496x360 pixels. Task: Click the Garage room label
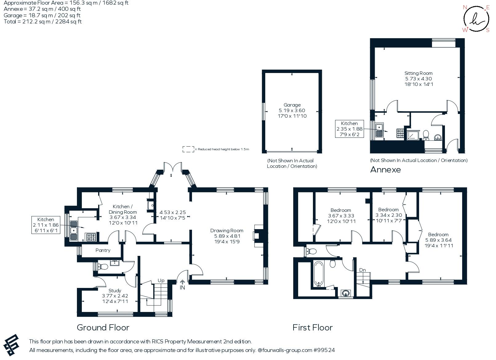[292, 105]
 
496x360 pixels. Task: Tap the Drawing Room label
[227, 231]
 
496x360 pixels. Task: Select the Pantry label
[103, 250]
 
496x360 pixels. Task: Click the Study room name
[115, 290]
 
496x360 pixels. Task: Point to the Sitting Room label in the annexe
[418, 73]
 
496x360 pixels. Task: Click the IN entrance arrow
[182, 282]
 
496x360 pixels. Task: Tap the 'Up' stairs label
[161, 281]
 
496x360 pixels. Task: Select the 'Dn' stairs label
[362, 270]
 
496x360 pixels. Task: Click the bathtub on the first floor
[319, 274]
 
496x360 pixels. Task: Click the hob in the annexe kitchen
[400, 133]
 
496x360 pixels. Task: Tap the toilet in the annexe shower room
[426, 135]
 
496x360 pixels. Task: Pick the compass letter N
[465, 7]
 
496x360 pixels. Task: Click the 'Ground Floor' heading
[103, 327]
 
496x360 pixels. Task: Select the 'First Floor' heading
[312, 327]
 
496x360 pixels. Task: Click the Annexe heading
[386, 170]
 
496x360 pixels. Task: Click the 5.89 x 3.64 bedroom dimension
[438, 240]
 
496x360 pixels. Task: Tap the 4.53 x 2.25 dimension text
[173, 212]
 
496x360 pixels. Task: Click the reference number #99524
[324, 350]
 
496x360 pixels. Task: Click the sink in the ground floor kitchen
[74, 231]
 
